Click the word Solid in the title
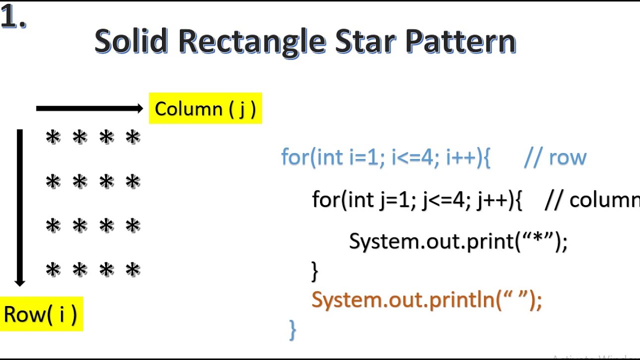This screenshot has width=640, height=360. coord(131,41)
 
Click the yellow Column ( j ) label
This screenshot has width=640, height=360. coord(205,108)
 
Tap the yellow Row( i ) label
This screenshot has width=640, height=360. coord(40,314)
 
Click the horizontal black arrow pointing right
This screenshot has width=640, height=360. coord(90,108)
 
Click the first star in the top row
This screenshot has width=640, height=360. coord(52,137)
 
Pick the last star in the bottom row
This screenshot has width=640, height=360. coord(133,270)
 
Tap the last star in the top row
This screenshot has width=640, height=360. coord(133,137)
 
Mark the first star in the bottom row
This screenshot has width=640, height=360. coord(52,270)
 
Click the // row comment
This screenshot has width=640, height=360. coord(555,157)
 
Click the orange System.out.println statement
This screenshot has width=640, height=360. coord(426,300)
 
